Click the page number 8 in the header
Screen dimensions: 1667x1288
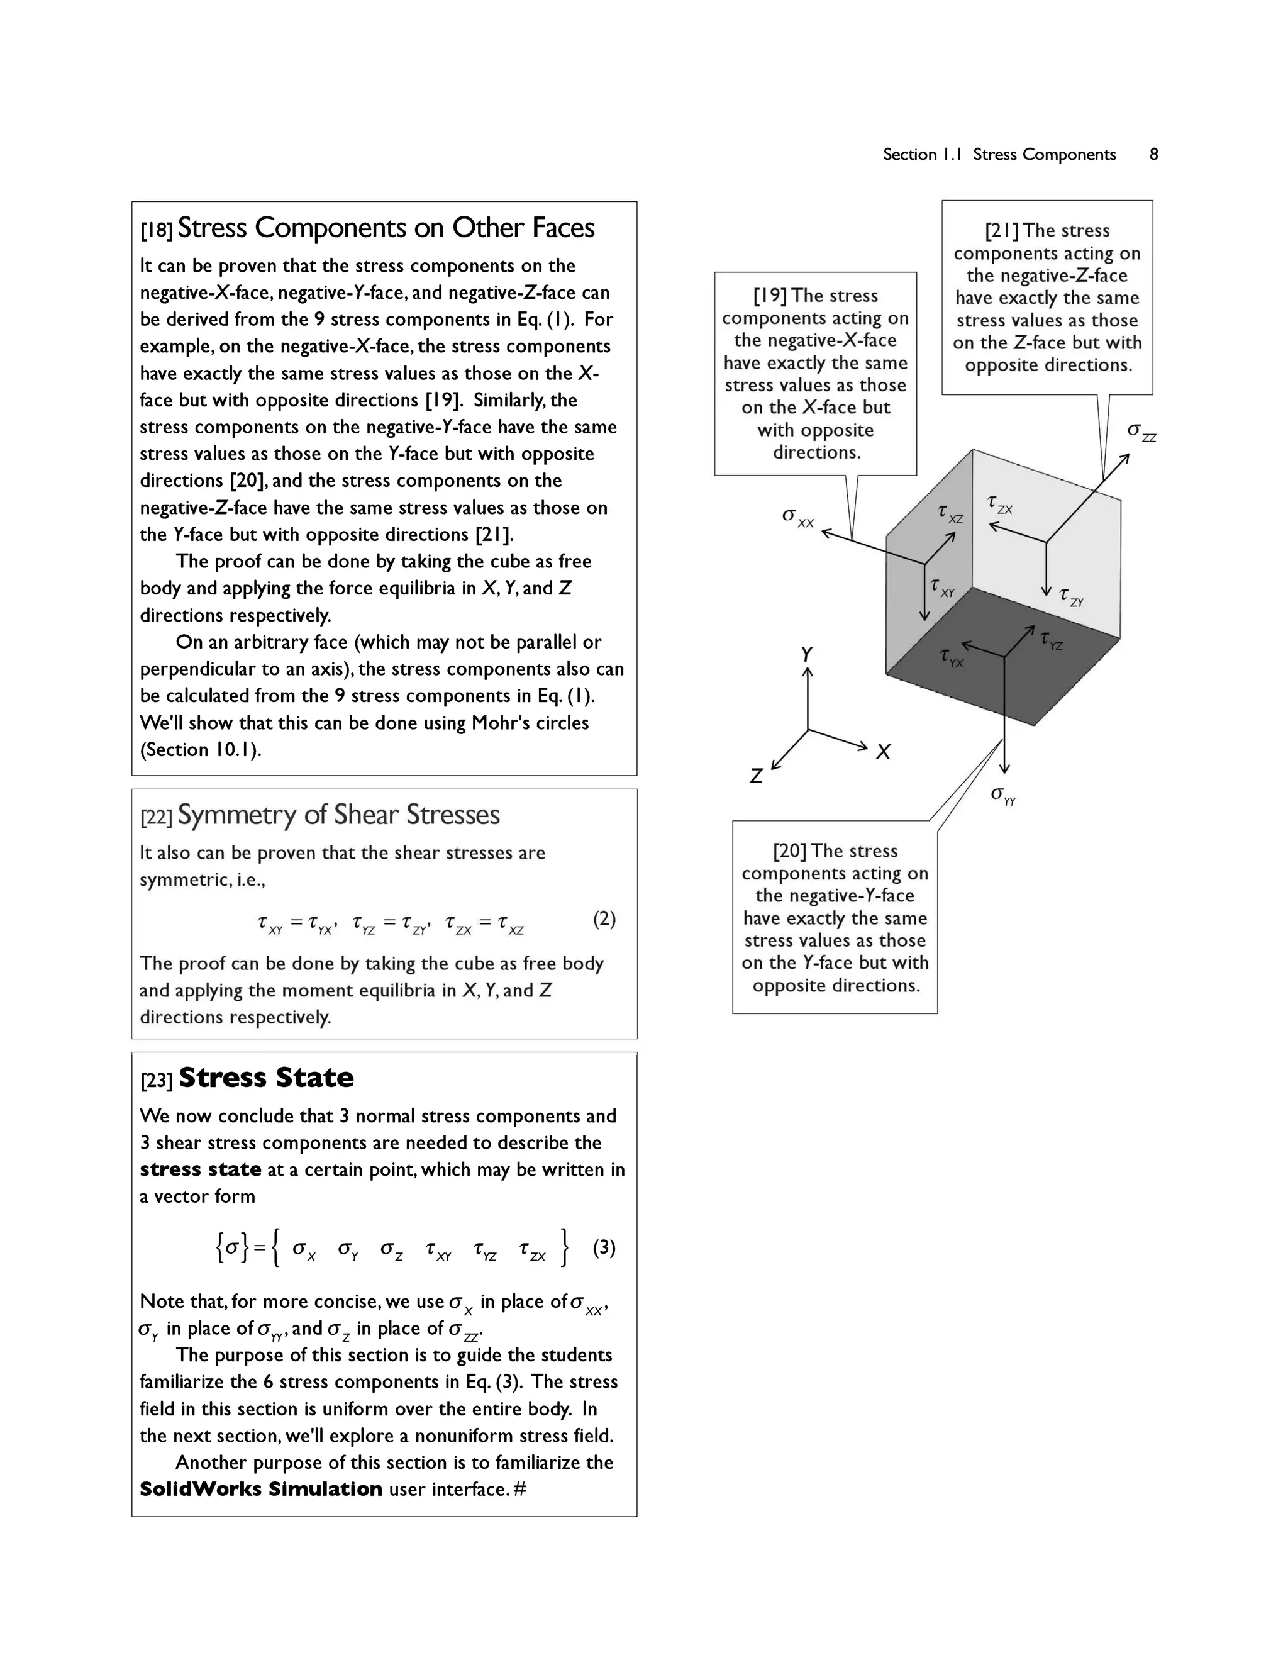(1153, 154)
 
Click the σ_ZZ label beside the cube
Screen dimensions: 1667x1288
(1141, 432)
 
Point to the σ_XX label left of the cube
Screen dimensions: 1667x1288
(797, 518)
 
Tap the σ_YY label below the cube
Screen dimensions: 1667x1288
(1002, 795)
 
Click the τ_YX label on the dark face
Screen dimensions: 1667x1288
(952, 658)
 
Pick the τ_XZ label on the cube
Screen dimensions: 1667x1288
(950, 514)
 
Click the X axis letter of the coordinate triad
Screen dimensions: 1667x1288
(883, 752)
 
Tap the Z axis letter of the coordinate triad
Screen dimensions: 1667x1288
(755, 776)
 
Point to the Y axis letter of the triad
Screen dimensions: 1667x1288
(806, 654)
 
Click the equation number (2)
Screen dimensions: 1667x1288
(604, 918)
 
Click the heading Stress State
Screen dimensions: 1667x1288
(265, 1077)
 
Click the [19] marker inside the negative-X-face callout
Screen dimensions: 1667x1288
(769, 296)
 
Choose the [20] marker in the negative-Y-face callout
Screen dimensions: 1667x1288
(789, 851)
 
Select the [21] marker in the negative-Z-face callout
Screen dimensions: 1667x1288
(1001, 230)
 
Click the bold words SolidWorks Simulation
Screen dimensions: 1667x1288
(261, 1488)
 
